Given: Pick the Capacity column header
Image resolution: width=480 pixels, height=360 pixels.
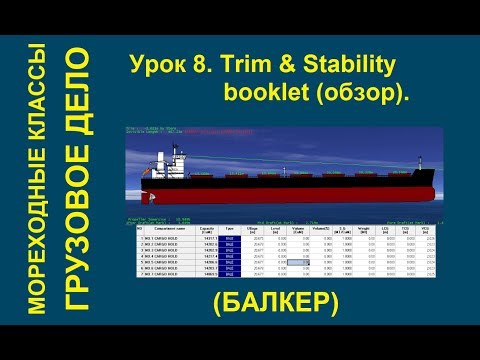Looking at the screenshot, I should click(210, 229).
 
